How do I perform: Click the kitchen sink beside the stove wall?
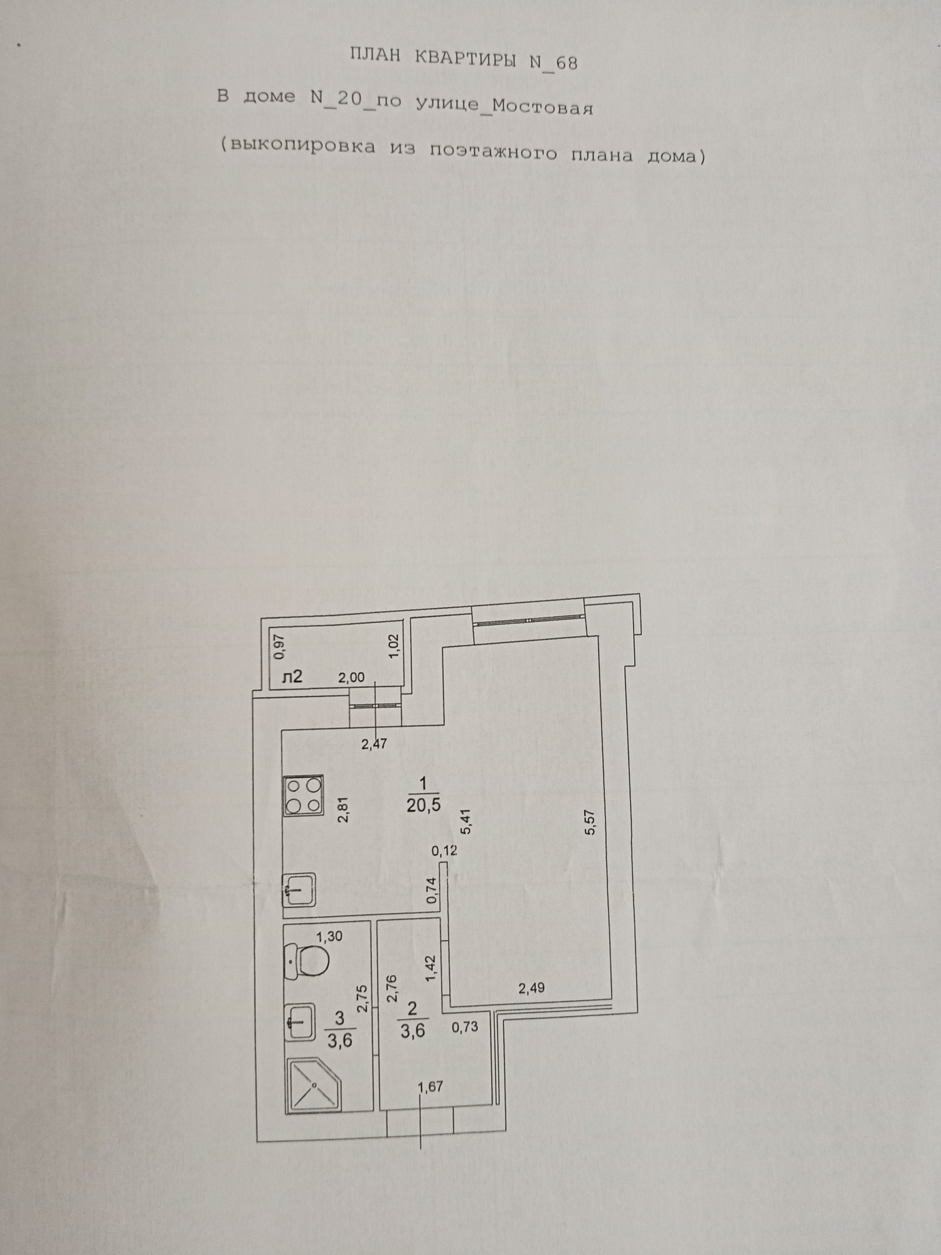(x=302, y=890)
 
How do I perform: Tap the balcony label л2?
(x=292, y=676)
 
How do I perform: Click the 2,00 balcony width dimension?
(x=351, y=678)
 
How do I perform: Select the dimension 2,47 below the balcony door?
(x=374, y=745)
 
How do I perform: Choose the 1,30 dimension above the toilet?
(x=329, y=937)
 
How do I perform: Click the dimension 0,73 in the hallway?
(x=465, y=1027)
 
